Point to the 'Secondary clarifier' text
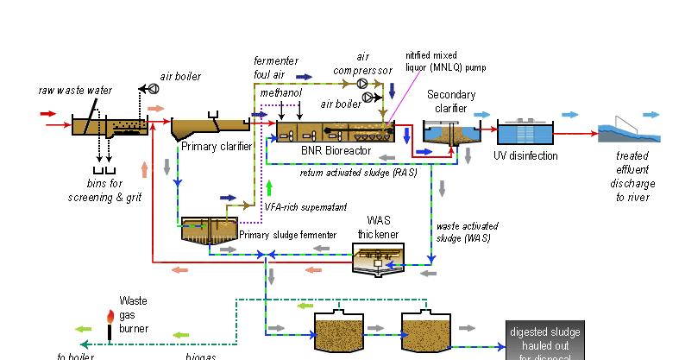(x=447, y=100)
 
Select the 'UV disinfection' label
(x=527, y=156)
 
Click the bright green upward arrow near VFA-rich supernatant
(x=270, y=187)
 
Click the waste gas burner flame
(x=110, y=318)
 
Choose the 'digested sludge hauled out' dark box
(x=544, y=340)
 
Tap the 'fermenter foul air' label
(x=275, y=66)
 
